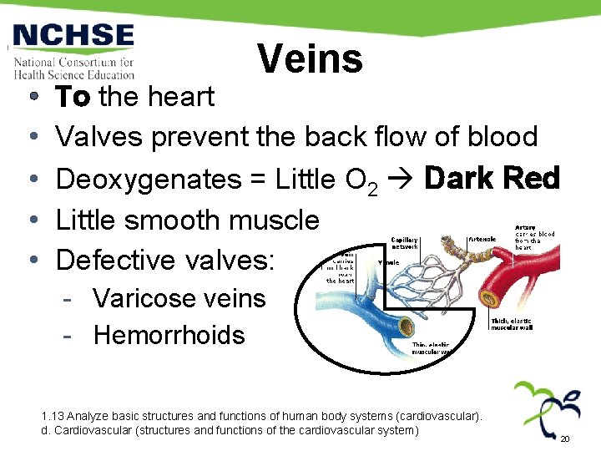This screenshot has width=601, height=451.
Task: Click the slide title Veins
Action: pyautogui.click(x=310, y=59)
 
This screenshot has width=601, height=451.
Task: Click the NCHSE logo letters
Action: pyautogui.click(x=73, y=37)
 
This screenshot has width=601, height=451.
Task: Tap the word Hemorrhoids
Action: pyautogui.click(x=169, y=335)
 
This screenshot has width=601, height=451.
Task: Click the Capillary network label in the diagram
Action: pyautogui.click(x=406, y=243)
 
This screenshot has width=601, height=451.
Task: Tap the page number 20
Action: pyautogui.click(x=564, y=439)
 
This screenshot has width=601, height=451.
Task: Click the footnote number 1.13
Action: pyautogui.click(x=52, y=416)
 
